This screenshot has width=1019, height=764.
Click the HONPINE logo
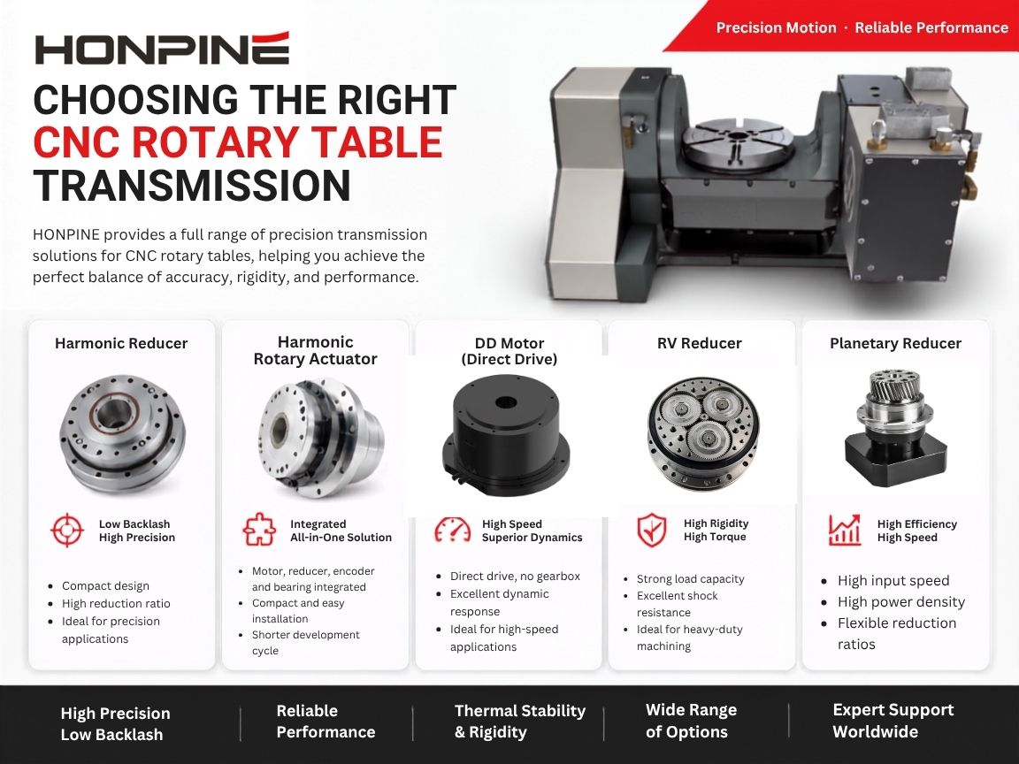click(x=162, y=48)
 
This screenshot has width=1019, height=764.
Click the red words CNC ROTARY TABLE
click(x=238, y=142)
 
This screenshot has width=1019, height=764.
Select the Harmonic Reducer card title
click(x=121, y=344)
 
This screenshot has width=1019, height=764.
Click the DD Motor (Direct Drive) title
click(x=509, y=351)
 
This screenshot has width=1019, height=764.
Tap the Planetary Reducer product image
click(x=895, y=428)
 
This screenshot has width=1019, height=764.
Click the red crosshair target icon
click(x=67, y=531)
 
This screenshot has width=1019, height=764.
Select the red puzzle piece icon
click(x=258, y=530)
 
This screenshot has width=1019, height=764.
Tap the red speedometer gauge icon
click(x=452, y=530)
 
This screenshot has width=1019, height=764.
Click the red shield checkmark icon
click(x=651, y=530)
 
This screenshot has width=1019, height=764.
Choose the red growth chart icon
click(x=844, y=530)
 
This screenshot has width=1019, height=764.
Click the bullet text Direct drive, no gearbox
click(x=515, y=577)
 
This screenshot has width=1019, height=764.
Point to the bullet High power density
click(x=900, y=601)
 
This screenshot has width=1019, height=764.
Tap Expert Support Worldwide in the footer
click(x=893, y=721)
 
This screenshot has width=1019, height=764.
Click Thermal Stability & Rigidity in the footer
click(x=520, y=722)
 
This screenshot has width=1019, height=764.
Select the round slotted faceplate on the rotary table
click(x=738, y=142)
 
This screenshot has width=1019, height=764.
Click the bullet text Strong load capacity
click(x=690, y=579)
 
